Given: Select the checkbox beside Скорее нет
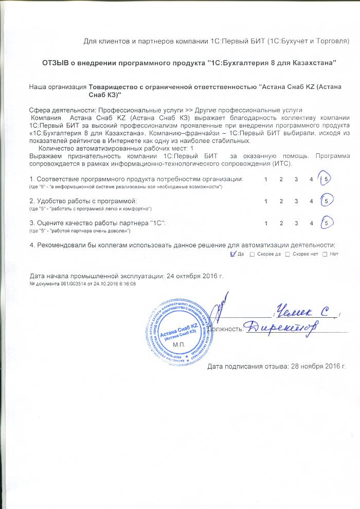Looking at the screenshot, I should [x=287, y=254].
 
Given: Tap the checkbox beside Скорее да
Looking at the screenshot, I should [x=251, y=254].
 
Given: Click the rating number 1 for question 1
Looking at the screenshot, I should [x=266, y=179].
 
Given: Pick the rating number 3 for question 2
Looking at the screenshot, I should [x=296, y=201].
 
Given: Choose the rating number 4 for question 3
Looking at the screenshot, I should [x=312, y=223].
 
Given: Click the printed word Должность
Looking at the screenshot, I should [x=226, y=329].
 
